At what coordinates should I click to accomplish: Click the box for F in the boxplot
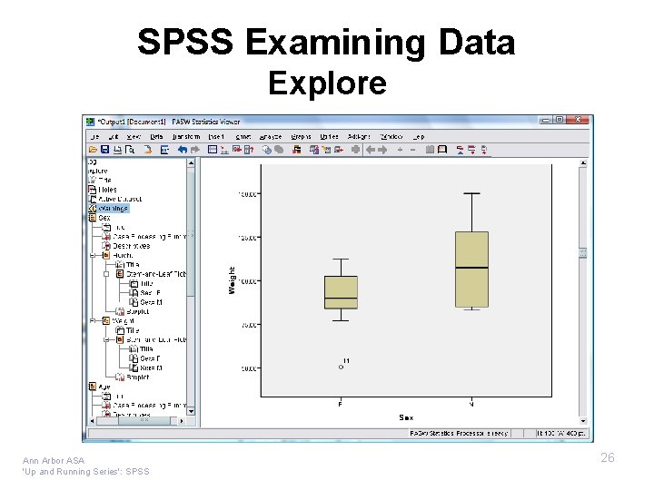[341, 292]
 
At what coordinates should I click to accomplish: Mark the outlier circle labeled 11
[341, 367]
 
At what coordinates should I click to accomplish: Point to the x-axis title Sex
[406, 417]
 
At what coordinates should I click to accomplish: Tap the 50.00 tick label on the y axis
[247, 368]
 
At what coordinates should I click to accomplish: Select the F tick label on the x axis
[341, 403]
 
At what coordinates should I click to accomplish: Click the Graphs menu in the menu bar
[300, 136]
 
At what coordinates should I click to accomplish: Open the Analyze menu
[271, 136]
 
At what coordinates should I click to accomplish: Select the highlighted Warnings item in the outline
[114, 208]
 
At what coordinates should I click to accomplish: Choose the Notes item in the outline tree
[107, 189]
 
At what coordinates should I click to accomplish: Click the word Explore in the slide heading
[327, 83]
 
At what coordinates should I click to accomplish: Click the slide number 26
[607, 457]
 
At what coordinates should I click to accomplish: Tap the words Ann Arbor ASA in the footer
[54, 460]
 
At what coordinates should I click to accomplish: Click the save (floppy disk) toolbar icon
[105, 150]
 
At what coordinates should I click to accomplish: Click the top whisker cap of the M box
[471, 193]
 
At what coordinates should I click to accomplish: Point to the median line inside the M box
[471, 268]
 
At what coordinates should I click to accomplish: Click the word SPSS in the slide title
[185, 43]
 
